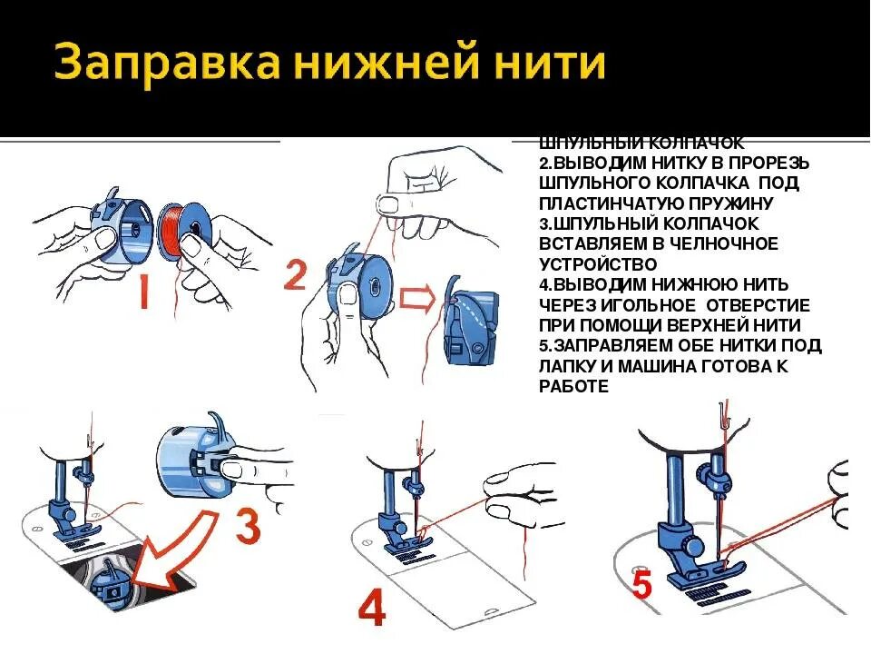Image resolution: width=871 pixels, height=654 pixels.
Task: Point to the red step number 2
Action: pos(295,273)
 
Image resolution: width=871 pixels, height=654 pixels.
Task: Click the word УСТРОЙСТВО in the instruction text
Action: pos(597,263)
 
